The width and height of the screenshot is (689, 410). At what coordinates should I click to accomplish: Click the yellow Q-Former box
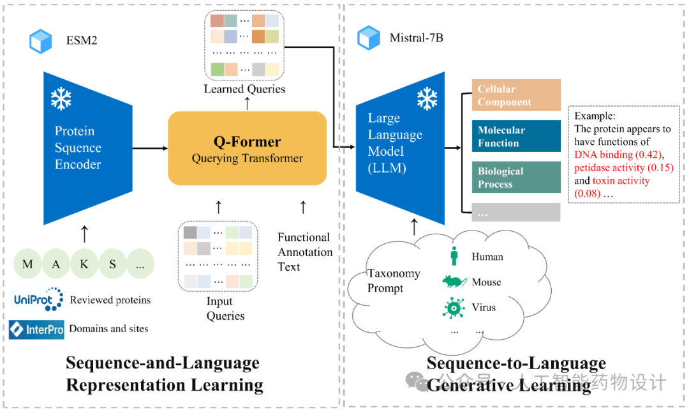coord(247,148)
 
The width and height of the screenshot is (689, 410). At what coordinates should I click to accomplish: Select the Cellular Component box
coord(516,95)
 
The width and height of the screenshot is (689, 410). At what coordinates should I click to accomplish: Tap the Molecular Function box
coord(516,136)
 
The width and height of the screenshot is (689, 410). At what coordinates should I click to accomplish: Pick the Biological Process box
coord(516,177)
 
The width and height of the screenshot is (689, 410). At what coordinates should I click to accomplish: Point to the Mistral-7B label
coord(416,38)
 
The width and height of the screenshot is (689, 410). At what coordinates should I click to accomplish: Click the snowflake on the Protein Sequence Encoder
coord(61,99)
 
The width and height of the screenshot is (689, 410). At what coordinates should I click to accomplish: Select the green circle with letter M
coord(28,264)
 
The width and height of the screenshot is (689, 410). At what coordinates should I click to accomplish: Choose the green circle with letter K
coord(84,264)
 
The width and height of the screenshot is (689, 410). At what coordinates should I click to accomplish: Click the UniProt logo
coord(37,299)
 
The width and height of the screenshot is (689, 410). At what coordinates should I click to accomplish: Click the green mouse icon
coord(454,282)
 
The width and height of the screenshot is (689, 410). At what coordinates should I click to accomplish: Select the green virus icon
coord(454,307)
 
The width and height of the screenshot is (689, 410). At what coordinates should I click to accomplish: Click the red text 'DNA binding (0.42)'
coord(615,155)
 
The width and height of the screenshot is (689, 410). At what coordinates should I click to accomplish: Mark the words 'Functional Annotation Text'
coord(305,252)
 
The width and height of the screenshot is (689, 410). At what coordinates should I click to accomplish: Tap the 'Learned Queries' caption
coord(244,89)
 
